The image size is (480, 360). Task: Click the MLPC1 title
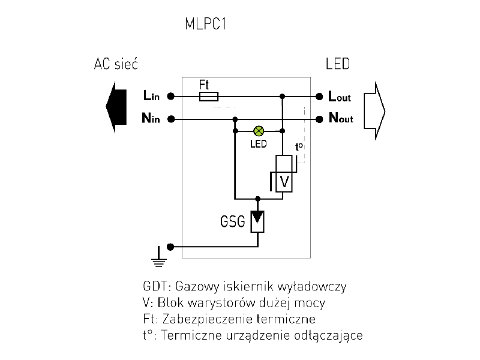pyautogui.click(x=206, y=26)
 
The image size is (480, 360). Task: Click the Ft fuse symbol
pyautogui.click(x=208, y=96)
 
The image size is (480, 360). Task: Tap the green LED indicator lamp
pyautogui.click(x=259, y=131)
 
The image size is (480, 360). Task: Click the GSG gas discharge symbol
pyautogui.click(x=258, y=221)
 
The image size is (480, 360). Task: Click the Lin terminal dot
pyautogui.click(x=171, y=96)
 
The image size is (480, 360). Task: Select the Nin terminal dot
pyautogui.click(x=171, y=119)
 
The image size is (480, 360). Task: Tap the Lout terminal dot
pyautogui.click(x=319, y=96)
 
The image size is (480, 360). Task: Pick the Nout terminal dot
pyautogui.click(x=319, y=119)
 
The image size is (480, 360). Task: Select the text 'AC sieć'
pyautogui.click(x=116, y=64)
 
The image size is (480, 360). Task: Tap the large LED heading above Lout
pyautogui.click(x=337, y=64)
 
